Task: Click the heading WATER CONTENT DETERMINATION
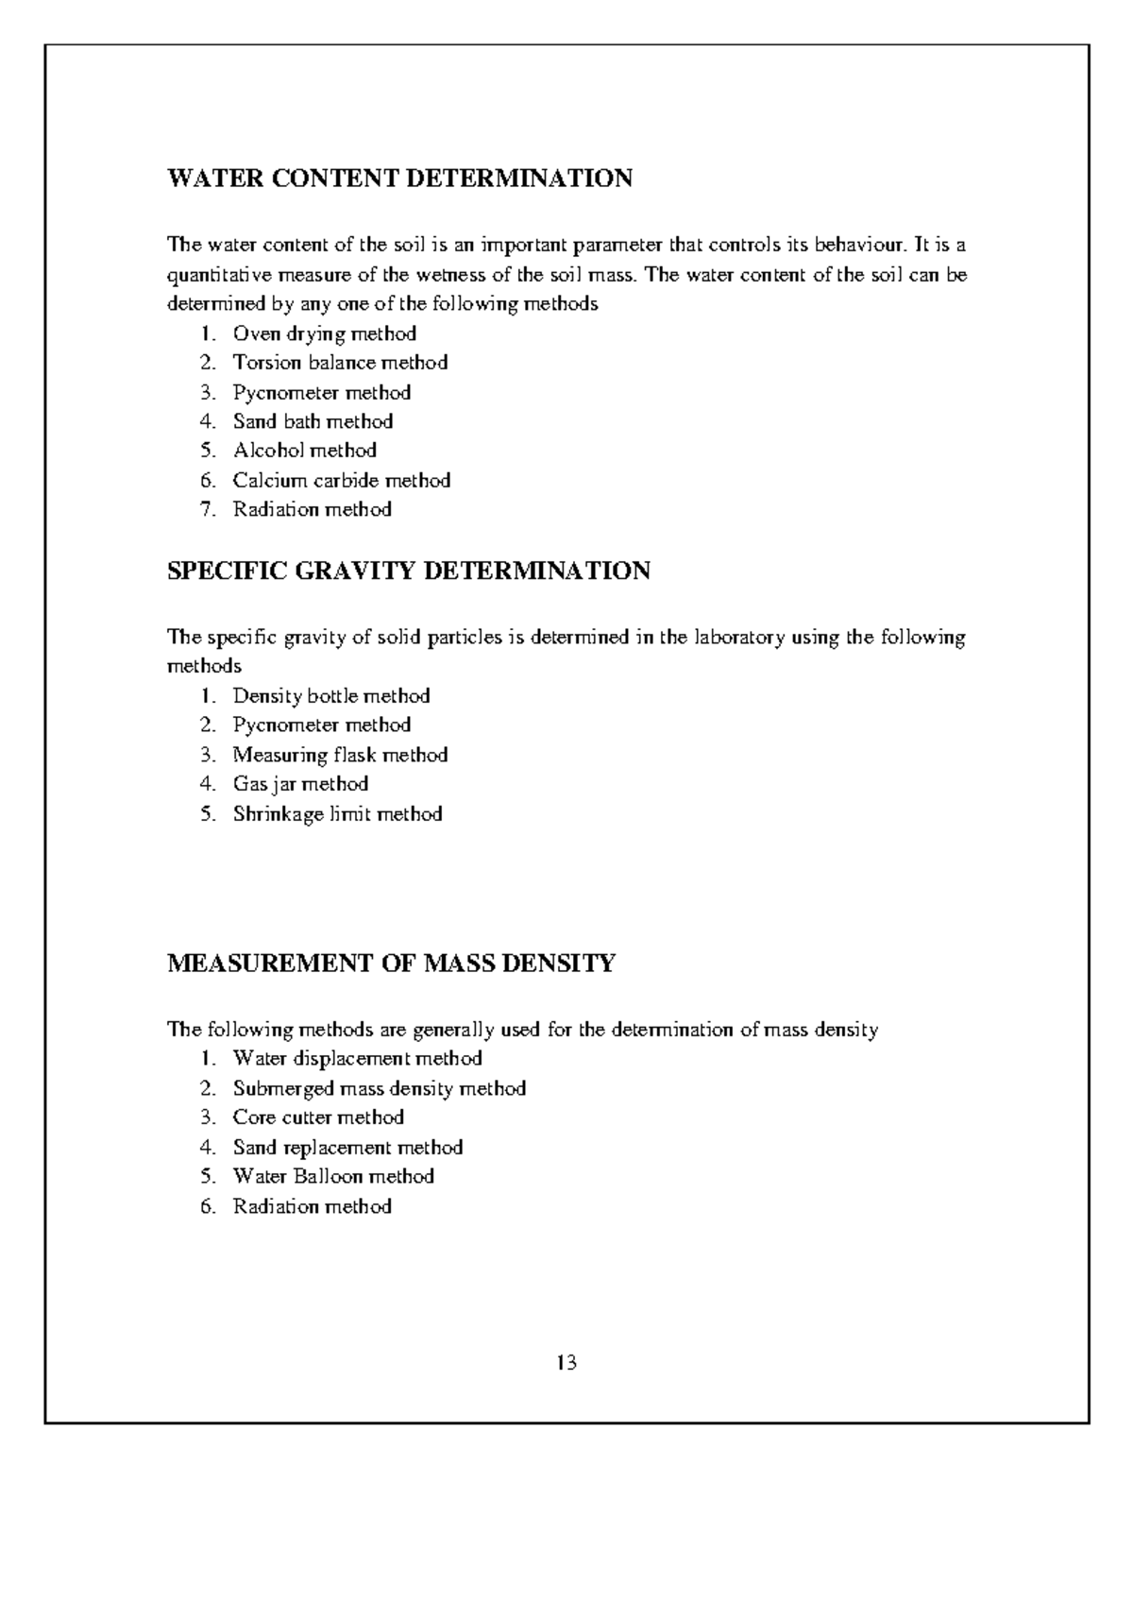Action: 399,179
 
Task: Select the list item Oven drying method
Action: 324,333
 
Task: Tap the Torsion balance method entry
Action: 340,363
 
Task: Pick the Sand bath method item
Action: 313,421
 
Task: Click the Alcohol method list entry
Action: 304,451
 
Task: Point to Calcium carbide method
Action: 341,481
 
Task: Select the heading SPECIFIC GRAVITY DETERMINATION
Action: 408,571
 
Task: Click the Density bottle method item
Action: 330,696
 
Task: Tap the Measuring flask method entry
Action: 340,755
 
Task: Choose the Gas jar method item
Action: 300,784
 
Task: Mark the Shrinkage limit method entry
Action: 337,814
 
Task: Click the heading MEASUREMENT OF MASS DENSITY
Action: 391,964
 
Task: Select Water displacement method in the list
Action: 357,1059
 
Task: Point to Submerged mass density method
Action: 379,1089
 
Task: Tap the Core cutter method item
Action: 318,1117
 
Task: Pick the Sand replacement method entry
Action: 347,1148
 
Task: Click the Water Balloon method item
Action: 333,1177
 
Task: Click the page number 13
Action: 566,1363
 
